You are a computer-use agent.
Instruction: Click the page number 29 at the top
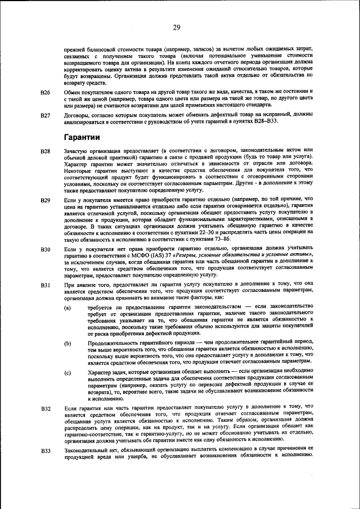pyautogui.click(x=176, y=28)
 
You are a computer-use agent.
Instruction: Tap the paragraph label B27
pyautogui.click(x=46, y=115)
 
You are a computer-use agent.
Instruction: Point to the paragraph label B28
pyautogui.click(x=46, y=151)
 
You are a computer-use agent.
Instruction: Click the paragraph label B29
pyautogui.click(x=46, y=200)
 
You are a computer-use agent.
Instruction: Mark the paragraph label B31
pyautogui.click(x=46, y=285)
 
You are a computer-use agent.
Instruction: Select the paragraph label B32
pyautogui.click(x=46, y=407)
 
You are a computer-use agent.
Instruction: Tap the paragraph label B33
pyautogui.click(x=46, y=451)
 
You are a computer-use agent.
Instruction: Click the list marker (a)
pyautogui.click(x=67, y=307)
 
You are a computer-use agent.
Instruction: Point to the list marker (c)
pyautogui.click(x=67, y=373)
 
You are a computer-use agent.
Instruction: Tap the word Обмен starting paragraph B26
pyautogui.click(x=73, y=91)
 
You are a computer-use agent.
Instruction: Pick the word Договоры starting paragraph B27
pyautogui.click(x=77, y=115)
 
